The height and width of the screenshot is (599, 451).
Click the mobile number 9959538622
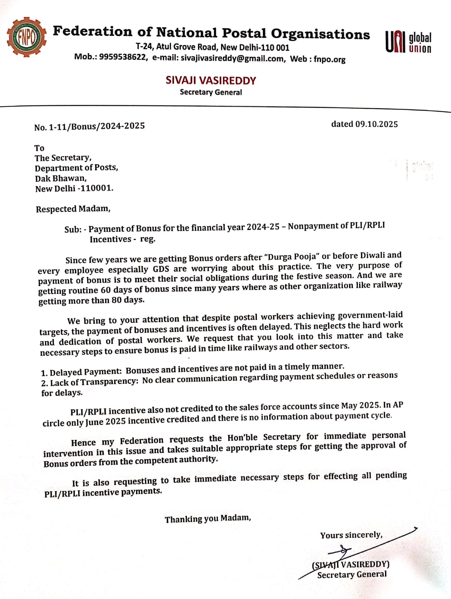pos(123,57)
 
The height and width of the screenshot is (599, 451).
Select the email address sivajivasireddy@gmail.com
pos(232,58)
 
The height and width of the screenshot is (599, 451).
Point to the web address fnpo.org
pos(329,59)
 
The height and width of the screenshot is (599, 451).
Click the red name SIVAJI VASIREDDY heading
pos(211,80)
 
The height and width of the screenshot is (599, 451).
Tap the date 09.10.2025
pos(376,124)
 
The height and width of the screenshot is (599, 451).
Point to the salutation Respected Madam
pos(73,209)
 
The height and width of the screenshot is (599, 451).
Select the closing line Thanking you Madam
pos(208,519)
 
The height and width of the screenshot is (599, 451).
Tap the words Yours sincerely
pos(351,535)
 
